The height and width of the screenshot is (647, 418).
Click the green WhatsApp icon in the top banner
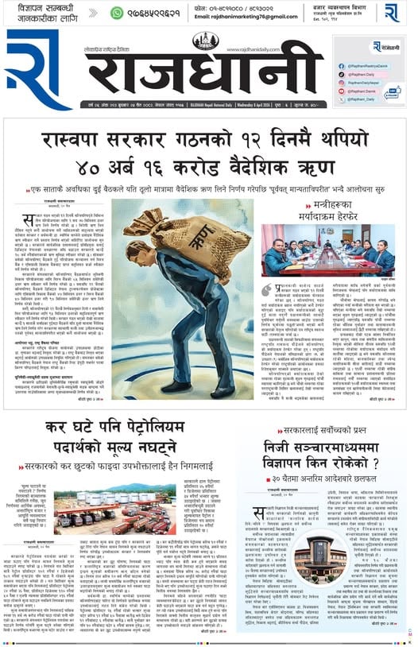(118, 12)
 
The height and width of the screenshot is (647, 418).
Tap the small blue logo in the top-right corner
(392, 12)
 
